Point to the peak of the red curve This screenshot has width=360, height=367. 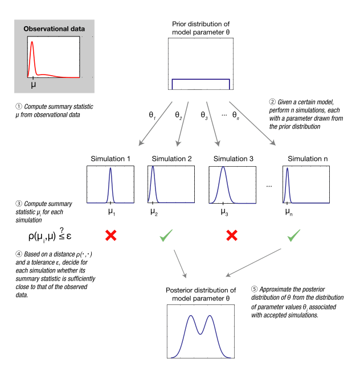pos(32,42)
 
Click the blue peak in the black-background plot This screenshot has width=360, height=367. pos(152,169)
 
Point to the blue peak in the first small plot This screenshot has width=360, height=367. pos(111,169)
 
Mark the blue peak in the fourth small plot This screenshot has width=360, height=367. pos(288,169)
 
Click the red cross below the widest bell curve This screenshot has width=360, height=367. pos(231,235)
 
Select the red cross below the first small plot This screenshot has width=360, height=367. pos(111,235)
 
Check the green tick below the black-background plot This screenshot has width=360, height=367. pos(166,235)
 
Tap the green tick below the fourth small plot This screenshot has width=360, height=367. pos(293,235)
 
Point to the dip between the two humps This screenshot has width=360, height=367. pos(201,333)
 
